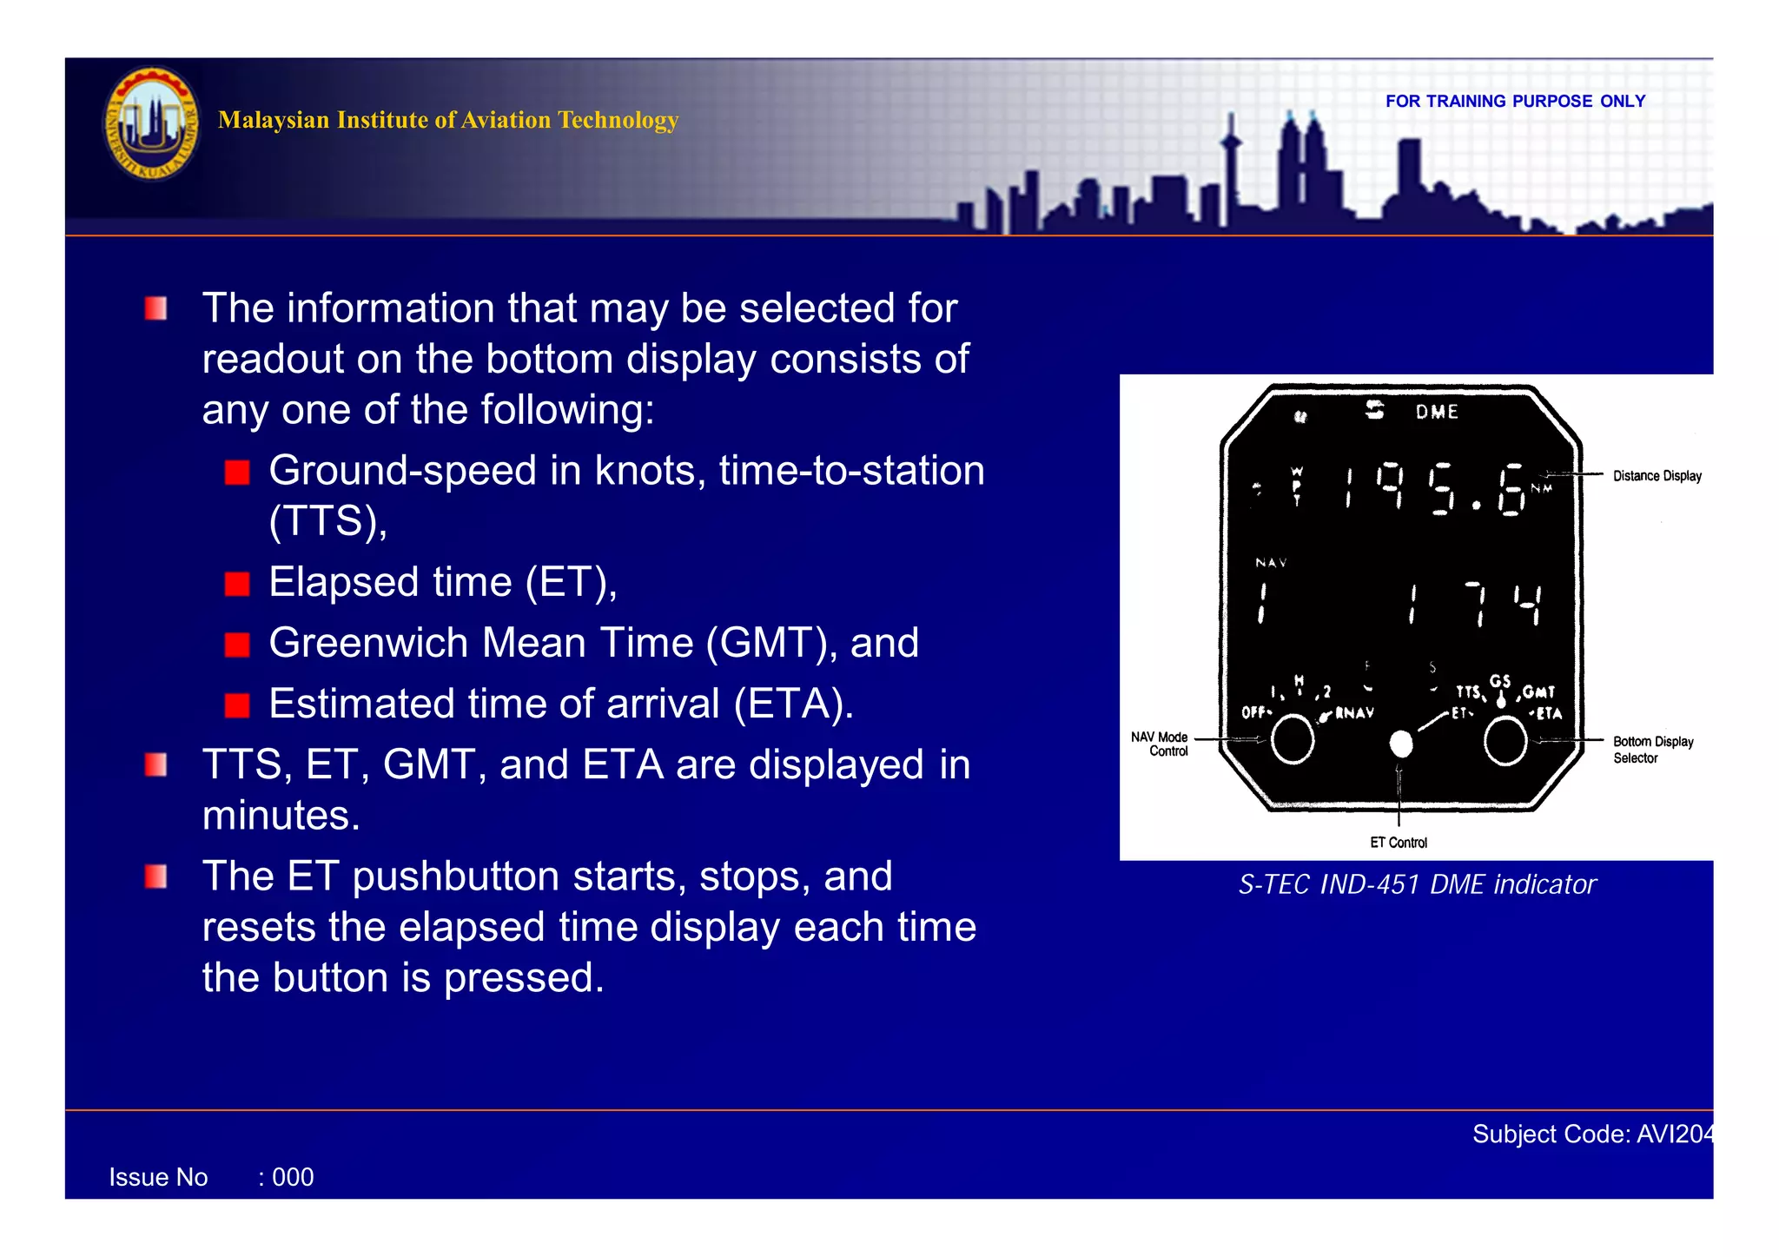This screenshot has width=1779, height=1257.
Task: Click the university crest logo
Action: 151,122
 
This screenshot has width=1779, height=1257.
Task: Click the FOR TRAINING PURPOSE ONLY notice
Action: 1514,101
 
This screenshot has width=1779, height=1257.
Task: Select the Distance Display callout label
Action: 1657,476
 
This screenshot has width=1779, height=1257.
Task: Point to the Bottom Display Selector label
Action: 1652,750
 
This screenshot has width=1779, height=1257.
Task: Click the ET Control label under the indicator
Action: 1398,843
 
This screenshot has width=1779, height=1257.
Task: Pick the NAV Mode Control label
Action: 1160,744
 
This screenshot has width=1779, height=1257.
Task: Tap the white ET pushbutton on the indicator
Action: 1400,744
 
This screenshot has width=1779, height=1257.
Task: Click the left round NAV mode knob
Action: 1292,740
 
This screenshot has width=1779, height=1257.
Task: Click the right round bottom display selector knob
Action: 1505,742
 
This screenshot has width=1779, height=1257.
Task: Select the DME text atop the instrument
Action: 1437,412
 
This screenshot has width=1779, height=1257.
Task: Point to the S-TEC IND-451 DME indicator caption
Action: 1417,884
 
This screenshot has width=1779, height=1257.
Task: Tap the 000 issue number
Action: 293,1177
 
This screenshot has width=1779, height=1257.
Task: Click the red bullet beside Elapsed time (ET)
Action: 236,584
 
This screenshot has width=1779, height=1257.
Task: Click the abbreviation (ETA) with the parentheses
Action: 792,704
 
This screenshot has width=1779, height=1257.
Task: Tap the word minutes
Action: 280,816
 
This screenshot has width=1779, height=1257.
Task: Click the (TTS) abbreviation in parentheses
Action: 327,521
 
